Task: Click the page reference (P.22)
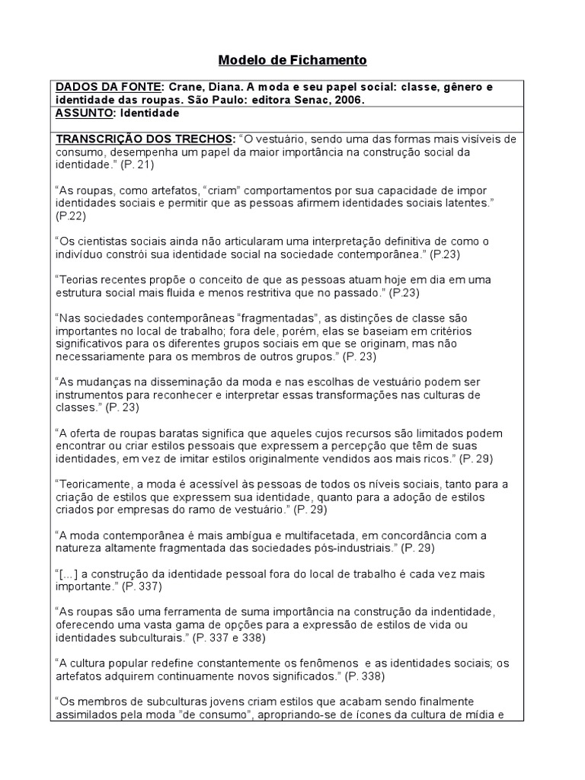tap(71, 216)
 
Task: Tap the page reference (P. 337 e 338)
tap(232, 637)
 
